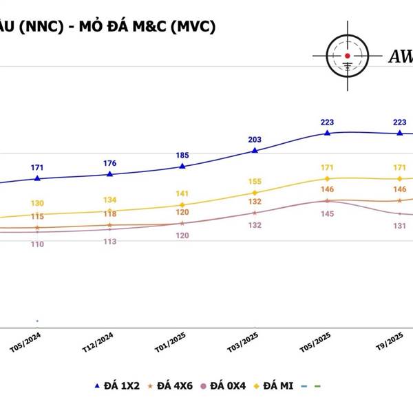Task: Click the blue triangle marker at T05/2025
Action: pyautogui.click(x=328, y=132)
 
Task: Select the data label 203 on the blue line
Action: pyautogui.click(x=255, y=139)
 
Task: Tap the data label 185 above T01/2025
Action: pyautogui.click(x=182, y=156)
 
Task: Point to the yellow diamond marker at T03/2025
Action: pyautogui.click(x=255, y=193)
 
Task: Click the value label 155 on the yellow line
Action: pyautogui.click(x=255, y=182)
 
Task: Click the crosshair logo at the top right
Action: pyautogui.click(x=348, y=54)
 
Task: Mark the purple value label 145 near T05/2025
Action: pyautogui.click(x=327, y=214)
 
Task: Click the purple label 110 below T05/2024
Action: pyautogui.click(x=37, y=244)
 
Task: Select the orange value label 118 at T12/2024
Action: pyautogui.click(x=110, y=214)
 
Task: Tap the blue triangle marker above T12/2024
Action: pyautogui.click(x=110, y=173)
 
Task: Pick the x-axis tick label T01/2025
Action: pyautogui.click(x=171, y=341)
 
